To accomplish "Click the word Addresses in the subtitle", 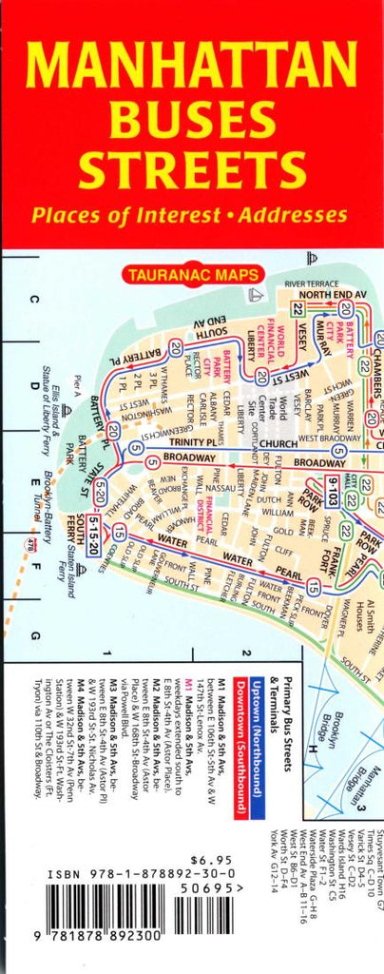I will pos(287,214).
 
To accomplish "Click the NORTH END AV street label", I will pos(333,295).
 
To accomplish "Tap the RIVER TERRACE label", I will pos(311,283).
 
